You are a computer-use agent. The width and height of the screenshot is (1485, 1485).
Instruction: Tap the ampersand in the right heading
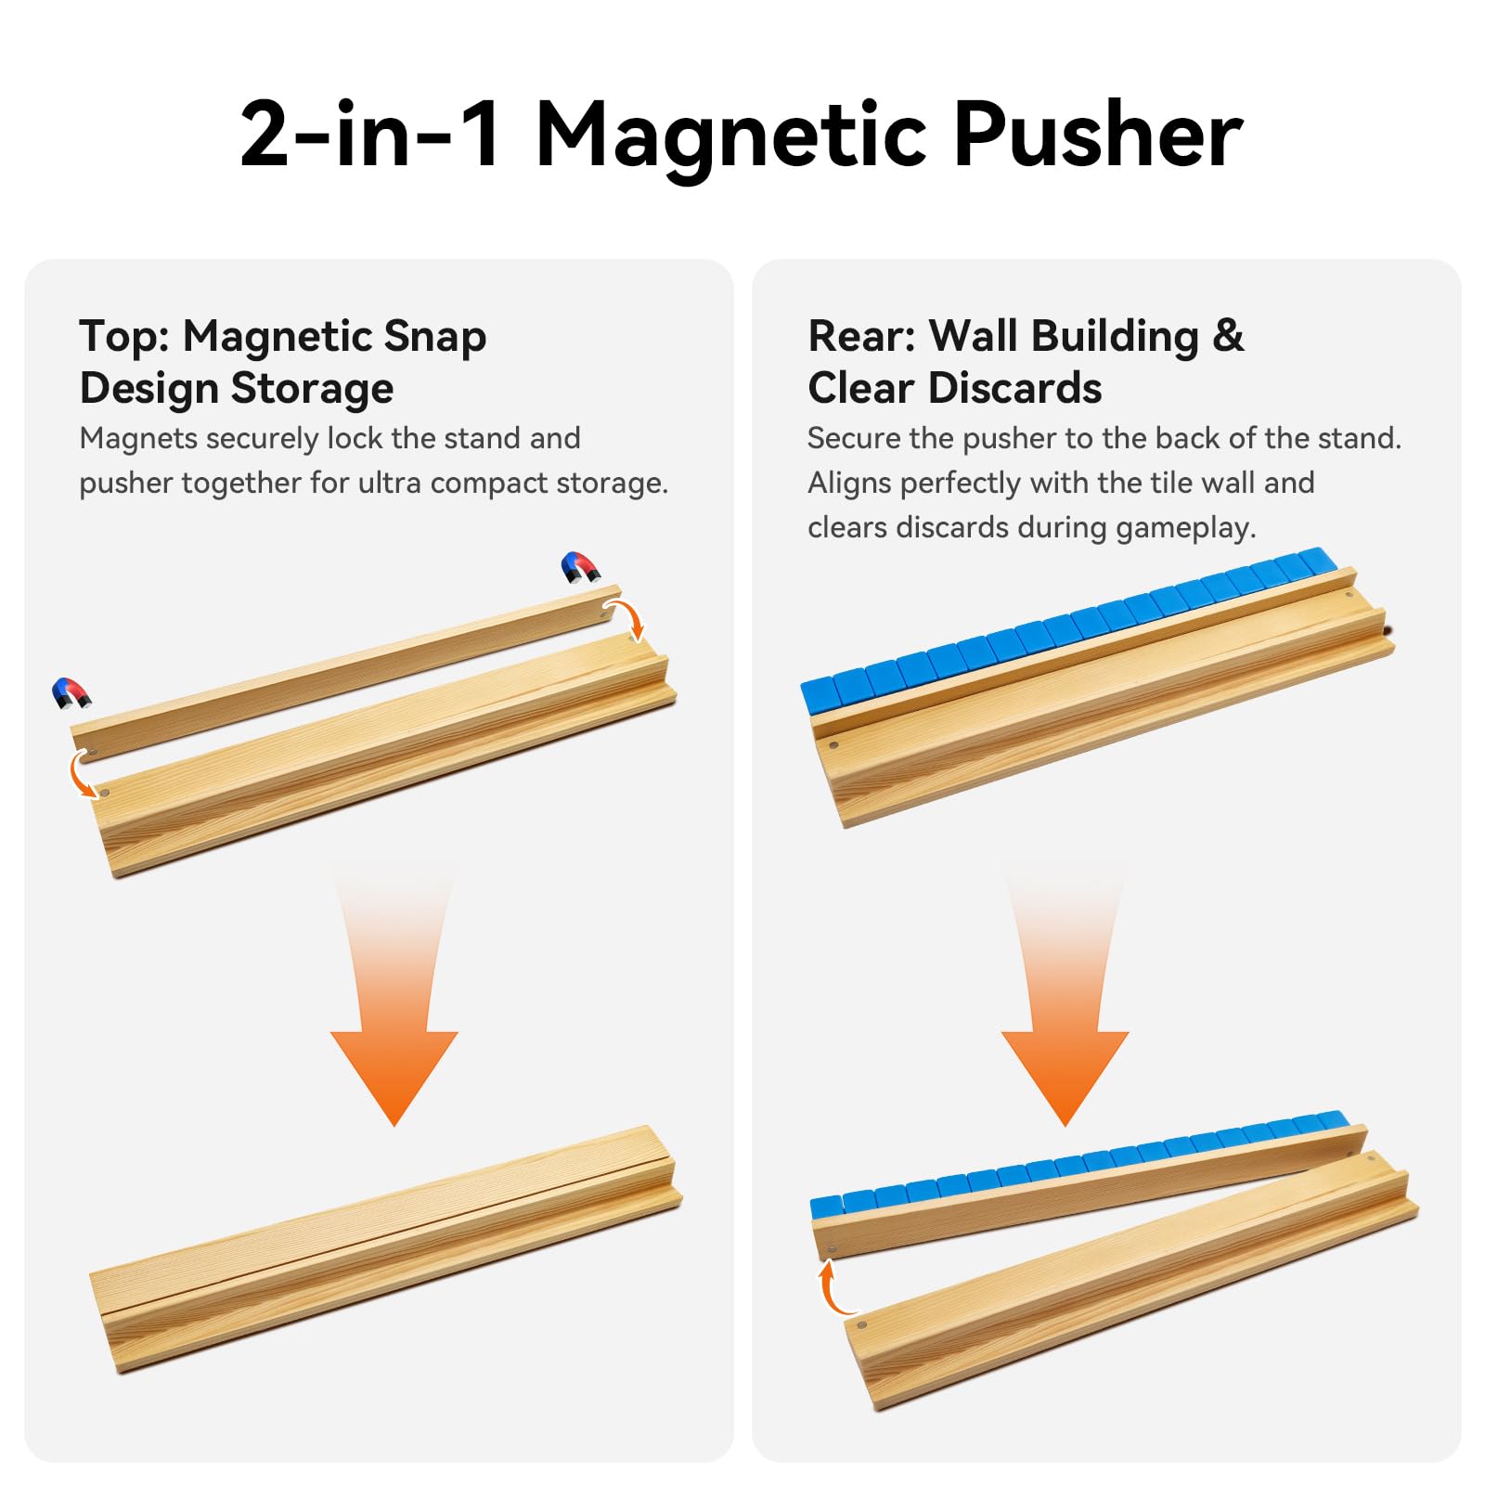(1228, 336)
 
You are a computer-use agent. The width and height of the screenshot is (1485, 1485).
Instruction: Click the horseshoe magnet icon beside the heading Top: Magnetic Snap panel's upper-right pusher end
(580, 567)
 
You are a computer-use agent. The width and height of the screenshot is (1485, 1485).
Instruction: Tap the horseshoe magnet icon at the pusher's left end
(71, 693)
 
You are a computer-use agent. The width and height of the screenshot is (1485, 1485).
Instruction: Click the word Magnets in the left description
(138, 439)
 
